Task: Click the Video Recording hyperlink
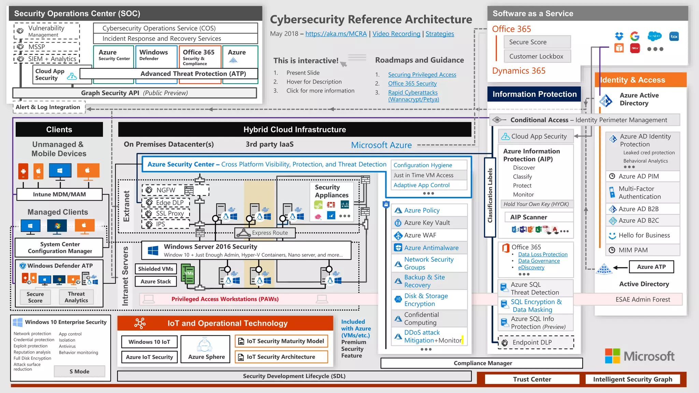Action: click(x=396, y=34)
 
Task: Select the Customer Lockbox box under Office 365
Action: click(x=537, y=56)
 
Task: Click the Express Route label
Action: click(x=270, y=233)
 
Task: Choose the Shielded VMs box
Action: click(x=156, y=269)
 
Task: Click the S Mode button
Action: click(x=79, y=372)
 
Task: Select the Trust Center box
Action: click(x=532, y=379)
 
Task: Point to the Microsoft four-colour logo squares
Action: click(x=612, y=356)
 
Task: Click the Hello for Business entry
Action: click(x=644, y=235)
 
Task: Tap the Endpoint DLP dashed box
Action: click(x=536, y=343)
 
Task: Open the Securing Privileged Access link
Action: click(x=422, y=75)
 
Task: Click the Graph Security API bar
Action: click(x=134, y=93)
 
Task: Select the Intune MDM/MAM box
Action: click(x=59, y=194)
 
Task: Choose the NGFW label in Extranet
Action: click(x=166, y=190)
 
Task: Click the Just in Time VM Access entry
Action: click(x=423, y=175)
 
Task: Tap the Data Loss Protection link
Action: click(x=543, y=254)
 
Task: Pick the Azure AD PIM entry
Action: click(x=639, y=176)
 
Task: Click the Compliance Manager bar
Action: click(x=482, y=363)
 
